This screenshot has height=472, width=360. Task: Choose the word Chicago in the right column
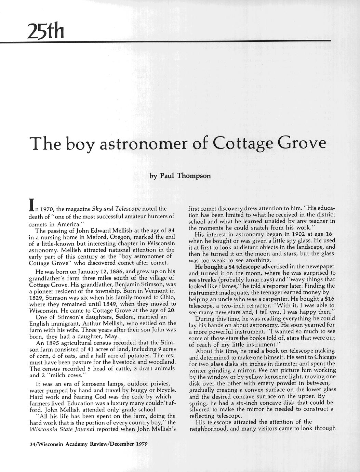pos(322,357)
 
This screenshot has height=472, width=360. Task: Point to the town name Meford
pos(87,237)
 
